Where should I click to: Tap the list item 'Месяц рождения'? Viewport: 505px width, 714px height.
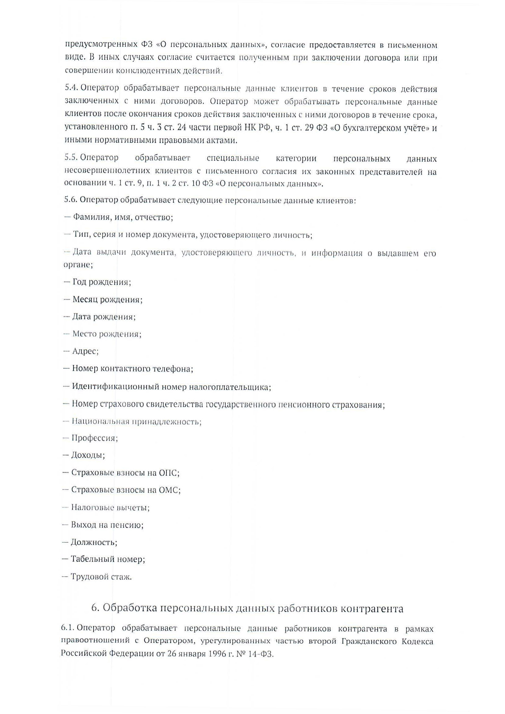coord(107,299)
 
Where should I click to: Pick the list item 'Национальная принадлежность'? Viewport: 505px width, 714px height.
coord(137,422)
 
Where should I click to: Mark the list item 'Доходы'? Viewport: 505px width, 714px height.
coord(88,455)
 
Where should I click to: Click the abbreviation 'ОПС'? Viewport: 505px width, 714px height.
coord(169,473)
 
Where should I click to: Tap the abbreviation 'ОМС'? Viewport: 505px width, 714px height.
coord(170,490)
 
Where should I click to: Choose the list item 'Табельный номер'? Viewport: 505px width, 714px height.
coord(108,559)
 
